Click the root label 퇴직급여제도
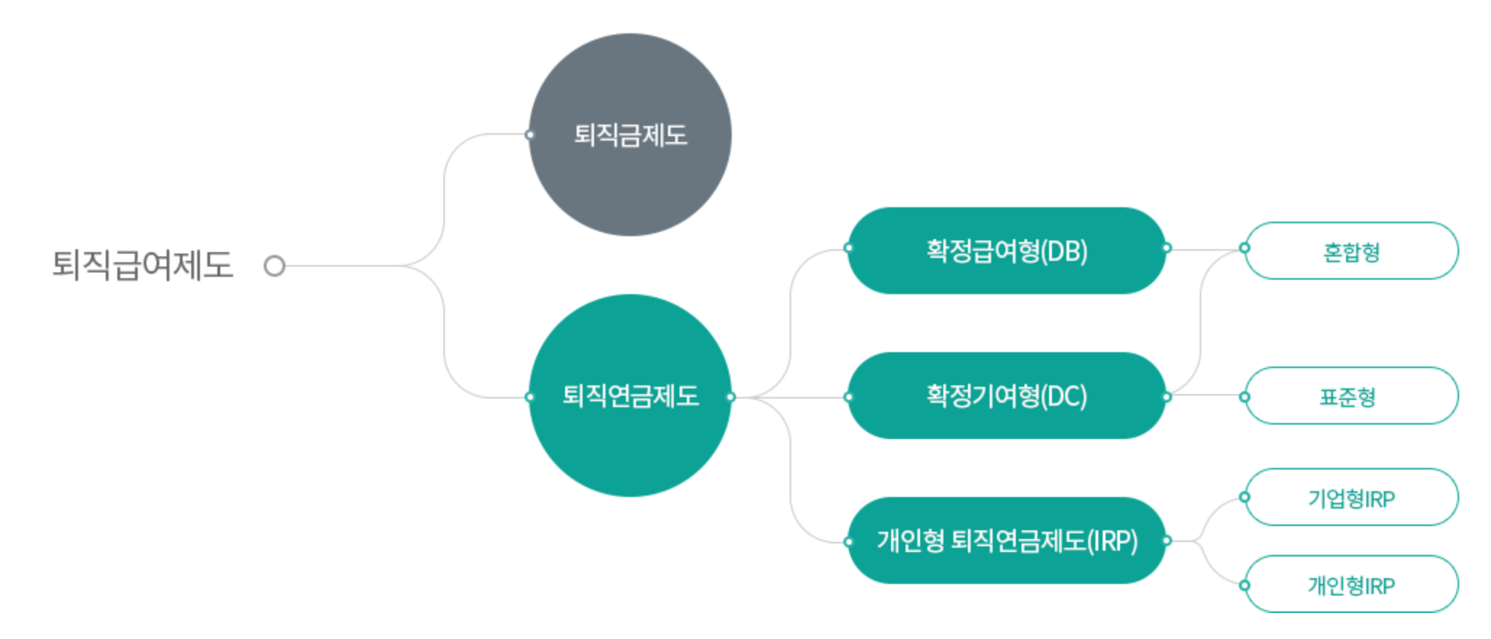coord(142,264)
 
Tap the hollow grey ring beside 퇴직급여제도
coord(275,266)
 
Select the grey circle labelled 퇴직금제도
coord(630,135)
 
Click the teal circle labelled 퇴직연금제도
coord(630,396)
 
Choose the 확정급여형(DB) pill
coord(1006,251)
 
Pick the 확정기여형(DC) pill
coord(1006,396)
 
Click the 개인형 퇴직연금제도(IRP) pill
coord(1006,540)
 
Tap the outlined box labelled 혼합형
coord(1352,251)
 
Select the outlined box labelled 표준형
coord(1352,396)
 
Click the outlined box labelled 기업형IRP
coord(1352,498)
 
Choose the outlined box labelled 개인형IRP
coord(1352,585)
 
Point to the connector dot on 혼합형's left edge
coord(1245,248)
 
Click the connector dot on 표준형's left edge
coord(1245,396)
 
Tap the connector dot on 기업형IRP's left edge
coord(1245,497)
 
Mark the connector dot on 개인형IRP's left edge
coord(1245,585)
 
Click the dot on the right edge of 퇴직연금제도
coord(731,396)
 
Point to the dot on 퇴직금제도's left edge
coord(530,135)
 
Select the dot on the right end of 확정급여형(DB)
coord(1166,248)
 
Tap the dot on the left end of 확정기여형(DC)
coord(848,396)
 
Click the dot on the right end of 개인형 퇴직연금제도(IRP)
coord(1166,540)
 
